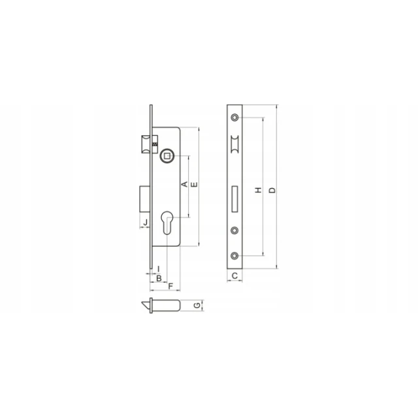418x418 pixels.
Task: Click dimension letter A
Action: pos(184,184)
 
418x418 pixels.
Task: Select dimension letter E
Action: pos(195,184)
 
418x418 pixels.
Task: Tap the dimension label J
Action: pos(145,222)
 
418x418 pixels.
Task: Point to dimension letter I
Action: pos(159,268)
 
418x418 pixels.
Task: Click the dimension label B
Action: pos(159,278)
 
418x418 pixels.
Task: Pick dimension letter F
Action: pos(170,286)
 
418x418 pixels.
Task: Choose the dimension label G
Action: pos(197,305)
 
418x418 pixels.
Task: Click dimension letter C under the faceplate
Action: pos(234,276)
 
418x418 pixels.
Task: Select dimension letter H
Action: pos(259,190)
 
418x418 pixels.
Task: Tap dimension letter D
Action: pos(272,190)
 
